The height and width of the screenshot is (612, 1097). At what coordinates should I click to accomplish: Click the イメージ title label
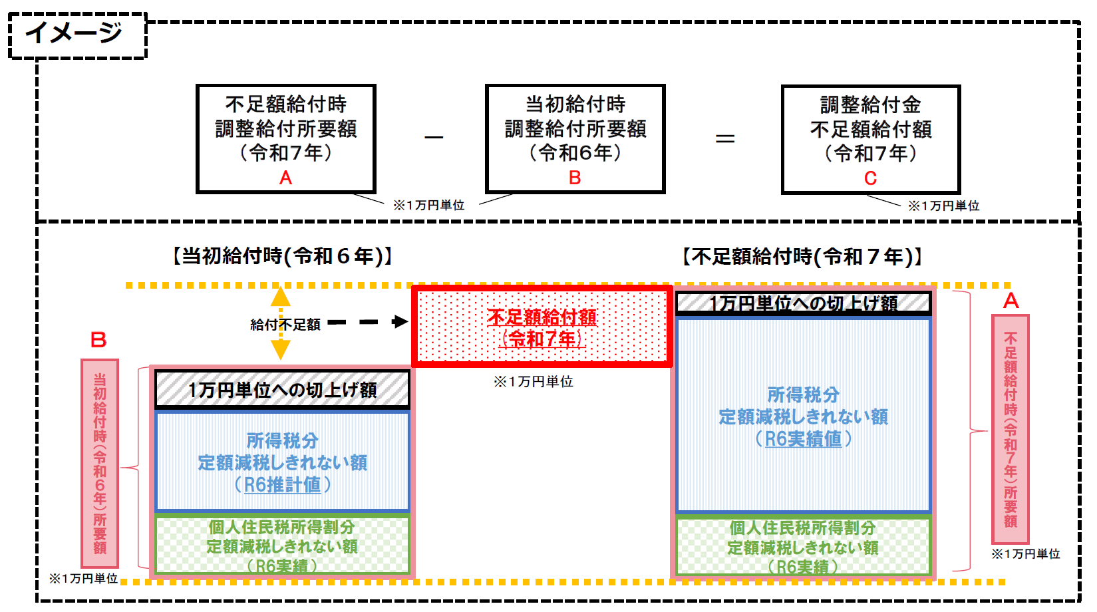coord(74,33)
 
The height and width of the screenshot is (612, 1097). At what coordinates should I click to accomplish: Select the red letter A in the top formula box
coord(285,178)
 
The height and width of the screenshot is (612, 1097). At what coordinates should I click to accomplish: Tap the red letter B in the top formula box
coord(575,178)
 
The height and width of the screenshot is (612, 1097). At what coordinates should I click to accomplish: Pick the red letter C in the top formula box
coord(870,178)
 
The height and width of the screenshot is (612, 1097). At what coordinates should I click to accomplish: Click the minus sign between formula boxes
coord(434,138)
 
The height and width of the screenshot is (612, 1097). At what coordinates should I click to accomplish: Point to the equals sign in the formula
coord(724,138)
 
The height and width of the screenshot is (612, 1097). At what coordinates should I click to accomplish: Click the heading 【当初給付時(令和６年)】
coord(282,256)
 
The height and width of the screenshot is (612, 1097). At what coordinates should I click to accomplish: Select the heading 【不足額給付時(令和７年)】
coord(802,257)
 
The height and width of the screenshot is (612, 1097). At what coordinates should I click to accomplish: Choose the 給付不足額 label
coord(285,325)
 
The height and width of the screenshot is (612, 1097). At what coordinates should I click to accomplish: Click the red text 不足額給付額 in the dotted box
coord(542,317)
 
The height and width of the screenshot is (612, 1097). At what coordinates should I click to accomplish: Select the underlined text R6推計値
coord(282,485)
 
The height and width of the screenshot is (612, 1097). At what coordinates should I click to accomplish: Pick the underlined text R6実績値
coord(803,439)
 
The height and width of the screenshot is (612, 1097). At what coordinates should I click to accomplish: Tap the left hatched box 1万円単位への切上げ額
coord(282,389)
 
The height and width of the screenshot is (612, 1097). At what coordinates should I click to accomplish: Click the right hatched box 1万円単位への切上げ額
coord(803,303)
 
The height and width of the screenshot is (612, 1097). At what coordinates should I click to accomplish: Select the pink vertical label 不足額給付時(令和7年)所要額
coord(1011,429)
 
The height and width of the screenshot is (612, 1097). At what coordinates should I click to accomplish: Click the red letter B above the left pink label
coord(98,341)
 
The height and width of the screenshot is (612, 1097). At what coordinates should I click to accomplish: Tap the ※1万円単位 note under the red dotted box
coord(533,382)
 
